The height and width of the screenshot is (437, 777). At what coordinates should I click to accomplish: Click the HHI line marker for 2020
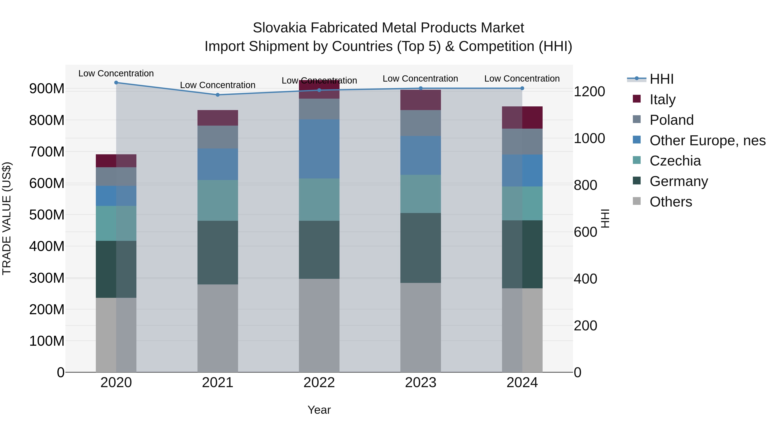click(x=116, y=83)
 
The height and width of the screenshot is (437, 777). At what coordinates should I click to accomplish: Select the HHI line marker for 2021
click(x=218, y=95)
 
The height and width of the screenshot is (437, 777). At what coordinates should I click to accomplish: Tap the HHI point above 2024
click(x=522, y=88)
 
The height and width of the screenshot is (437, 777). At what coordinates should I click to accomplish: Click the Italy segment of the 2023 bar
click(x=420, y=100)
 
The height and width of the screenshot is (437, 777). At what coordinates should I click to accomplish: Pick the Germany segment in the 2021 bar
click(x=218, y=252)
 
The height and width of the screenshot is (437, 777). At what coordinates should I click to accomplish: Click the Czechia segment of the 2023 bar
click(x=420, y=194)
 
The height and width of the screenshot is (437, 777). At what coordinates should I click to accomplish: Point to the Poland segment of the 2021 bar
click(x=218, y=137)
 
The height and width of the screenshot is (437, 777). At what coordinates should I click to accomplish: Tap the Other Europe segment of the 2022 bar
click(x=319, y=149)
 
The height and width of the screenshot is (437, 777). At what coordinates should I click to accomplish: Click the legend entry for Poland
click(x=671, y=120)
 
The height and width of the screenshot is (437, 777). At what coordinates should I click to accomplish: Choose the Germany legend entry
click(x=679, y=181)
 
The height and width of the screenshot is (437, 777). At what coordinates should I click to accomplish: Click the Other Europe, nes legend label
click(x=707, y=140)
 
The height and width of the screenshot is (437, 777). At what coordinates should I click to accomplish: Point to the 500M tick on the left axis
click(x=47, y=215)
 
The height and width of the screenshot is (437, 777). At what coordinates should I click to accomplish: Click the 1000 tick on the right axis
click(x=589, y=138)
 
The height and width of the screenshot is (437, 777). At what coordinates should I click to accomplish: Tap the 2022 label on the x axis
click(x=319, y=383)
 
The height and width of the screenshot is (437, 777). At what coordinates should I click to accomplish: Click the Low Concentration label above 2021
click(x=218, y=85)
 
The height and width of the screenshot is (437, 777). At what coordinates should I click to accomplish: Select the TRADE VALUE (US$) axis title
click(x=7, y=218)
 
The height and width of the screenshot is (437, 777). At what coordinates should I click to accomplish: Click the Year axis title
click(x=319, y=410)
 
